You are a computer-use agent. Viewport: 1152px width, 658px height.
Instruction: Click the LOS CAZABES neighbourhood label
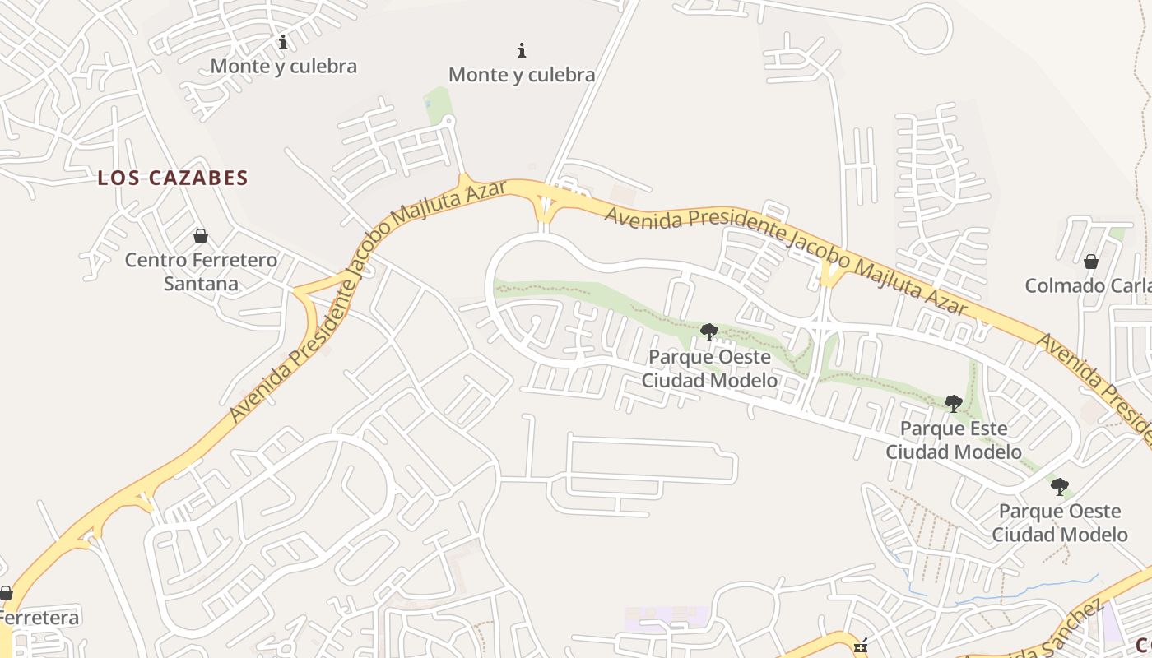click(x=173, y=178)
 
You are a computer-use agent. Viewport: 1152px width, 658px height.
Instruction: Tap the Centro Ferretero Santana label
click(x=201, y=271)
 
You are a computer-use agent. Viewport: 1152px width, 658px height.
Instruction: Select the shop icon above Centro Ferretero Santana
click(x=201, y=237)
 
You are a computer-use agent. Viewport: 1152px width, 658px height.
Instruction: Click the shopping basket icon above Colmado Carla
click(x=1091, y=262)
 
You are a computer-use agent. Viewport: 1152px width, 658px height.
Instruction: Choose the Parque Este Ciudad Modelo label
click(x=953, y=440)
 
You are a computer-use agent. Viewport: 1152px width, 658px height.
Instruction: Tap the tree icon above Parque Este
click(x=954, y=403)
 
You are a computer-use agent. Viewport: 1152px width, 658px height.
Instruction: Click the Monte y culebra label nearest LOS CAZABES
click(x=284, y=66)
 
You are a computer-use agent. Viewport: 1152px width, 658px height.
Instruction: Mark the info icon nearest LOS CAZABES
click(x=283, y=41)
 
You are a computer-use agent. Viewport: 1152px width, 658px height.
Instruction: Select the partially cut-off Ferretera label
click(x=39, y=618)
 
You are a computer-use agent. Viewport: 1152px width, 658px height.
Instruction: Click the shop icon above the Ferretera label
click(x=6, y=593)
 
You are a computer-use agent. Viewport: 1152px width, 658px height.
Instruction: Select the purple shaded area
click(x=667, y=616)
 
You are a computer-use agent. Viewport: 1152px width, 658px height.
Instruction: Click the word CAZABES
click(x=198, y=178)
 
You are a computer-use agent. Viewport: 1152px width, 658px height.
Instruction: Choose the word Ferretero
click(x=230, y=260)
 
